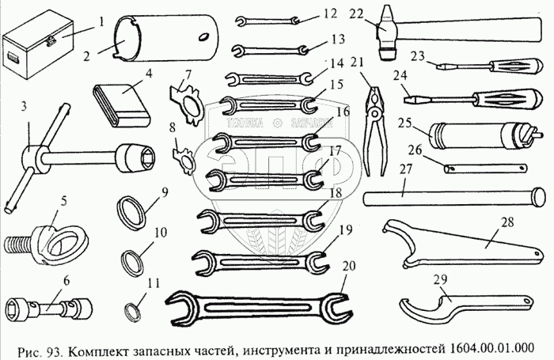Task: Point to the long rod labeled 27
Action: pyautogui.click(x=451, y=194)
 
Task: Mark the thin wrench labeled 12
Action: pyautogui.click(x=266, y=18)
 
